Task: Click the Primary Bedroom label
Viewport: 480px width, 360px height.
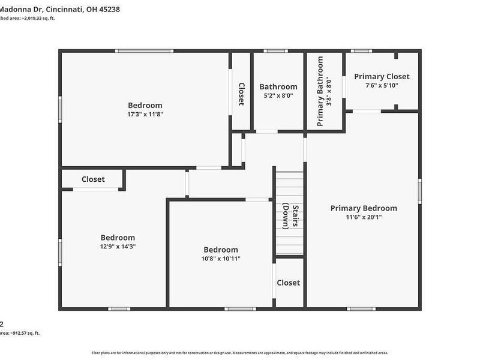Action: pos(364,208)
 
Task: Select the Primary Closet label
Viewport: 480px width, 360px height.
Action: pos(382,76)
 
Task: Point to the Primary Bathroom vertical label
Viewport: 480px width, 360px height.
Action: pos(320,91)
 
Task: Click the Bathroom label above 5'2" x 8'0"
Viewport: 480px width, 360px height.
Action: pos(278,86)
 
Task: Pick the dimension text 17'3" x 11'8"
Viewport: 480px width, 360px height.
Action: pos(145,114)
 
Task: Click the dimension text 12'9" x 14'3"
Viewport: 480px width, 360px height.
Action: pos(118,247)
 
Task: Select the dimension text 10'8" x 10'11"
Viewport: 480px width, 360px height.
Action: pos(221,259)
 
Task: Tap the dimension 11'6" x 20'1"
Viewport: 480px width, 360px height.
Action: pos(364,217)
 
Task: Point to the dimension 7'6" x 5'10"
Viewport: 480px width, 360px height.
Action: pos(382,86)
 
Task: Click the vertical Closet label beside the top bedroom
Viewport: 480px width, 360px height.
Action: pos(241,94)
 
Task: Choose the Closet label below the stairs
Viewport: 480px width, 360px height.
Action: pos(288,283)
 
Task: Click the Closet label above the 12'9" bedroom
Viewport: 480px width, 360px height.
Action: pos(93,179)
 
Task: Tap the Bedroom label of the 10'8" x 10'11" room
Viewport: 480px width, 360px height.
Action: pos(221,250)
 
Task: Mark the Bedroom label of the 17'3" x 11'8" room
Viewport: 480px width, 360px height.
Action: pos(145,105)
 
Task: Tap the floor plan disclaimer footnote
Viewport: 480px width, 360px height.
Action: pos(240,352)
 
